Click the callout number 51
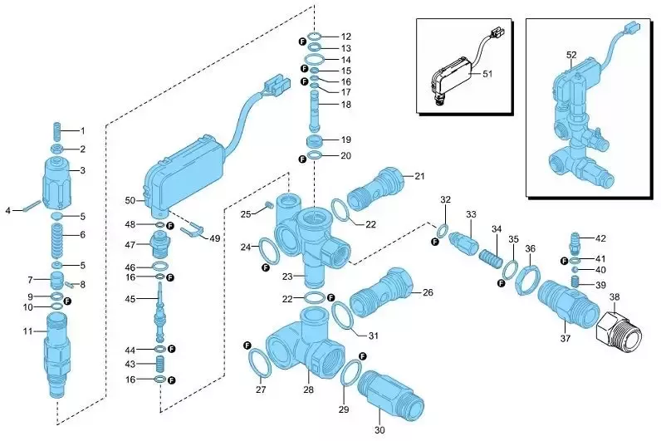point(487,74)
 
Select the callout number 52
point(571,55)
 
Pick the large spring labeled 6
point(57,243)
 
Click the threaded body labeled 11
point(56,356)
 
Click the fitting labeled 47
point(159,245)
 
